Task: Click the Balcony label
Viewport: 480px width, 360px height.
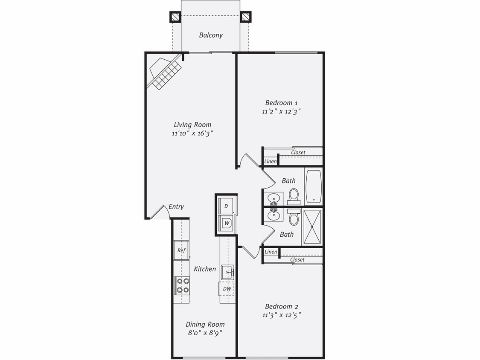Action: click(x=211, y=35)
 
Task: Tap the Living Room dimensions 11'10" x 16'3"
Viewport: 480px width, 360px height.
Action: click(x=192, y=134)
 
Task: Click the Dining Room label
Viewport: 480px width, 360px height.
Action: click(x=205, y=324)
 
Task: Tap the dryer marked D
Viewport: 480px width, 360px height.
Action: click(x=226, y=206)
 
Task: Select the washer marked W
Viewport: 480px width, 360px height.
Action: click(x=226, y=223)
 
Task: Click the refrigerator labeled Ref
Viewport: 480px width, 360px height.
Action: click(x=181, y=250)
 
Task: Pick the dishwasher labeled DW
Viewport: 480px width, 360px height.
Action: click(x=227, y=289)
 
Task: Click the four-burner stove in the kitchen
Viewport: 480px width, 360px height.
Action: click(x=182, y=285)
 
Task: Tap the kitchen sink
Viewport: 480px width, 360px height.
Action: click(x=227, y=271)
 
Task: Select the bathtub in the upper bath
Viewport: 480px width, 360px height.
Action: click(x=314, y=186)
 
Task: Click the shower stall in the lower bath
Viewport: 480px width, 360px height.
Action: click(x=313, y=226)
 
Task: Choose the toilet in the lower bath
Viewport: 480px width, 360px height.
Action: click(x=294, y=218)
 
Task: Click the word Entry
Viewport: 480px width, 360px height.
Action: click(x=176, y=207)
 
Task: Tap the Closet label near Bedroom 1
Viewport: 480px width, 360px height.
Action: click(x=298, y=152)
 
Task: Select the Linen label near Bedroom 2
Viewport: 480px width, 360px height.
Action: click(x=271, y=252)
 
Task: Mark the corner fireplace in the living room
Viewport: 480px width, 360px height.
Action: click(x=164, y=73)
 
